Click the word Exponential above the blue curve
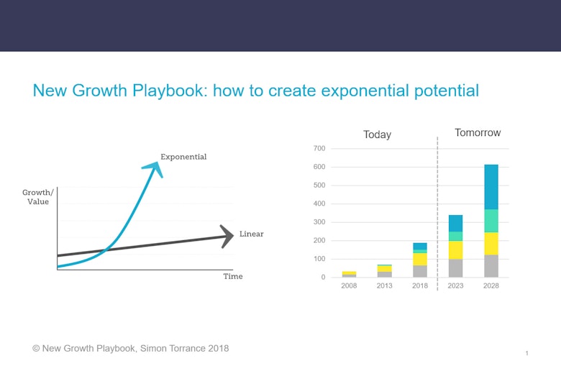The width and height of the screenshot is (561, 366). point(183,157)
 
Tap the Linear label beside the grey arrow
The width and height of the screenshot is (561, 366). point(252,234)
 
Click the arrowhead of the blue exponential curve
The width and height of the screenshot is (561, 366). point(154,168)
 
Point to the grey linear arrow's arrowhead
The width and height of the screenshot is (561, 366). point(228,236)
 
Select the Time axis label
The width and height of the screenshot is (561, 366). point(232,276)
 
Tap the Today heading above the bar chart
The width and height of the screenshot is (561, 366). point(377,134)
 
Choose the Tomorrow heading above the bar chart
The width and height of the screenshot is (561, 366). point(478,133)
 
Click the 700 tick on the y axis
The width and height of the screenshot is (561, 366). point(319,149)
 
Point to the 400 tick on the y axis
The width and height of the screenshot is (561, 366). point(319,203)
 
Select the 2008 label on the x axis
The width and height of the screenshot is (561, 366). point(348,285)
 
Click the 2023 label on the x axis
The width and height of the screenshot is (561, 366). point(455,285)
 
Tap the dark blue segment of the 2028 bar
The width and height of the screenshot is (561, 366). point(491,187)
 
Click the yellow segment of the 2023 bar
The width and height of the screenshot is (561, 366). point(455,250)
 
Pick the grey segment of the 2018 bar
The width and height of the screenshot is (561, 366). point(420,271)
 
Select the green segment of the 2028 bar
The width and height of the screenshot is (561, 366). point(491,221)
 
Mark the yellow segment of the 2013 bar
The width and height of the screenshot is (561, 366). point(384,269)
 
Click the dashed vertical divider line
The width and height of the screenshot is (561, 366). point(437,216)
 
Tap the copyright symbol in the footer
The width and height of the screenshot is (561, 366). point(36,348)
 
